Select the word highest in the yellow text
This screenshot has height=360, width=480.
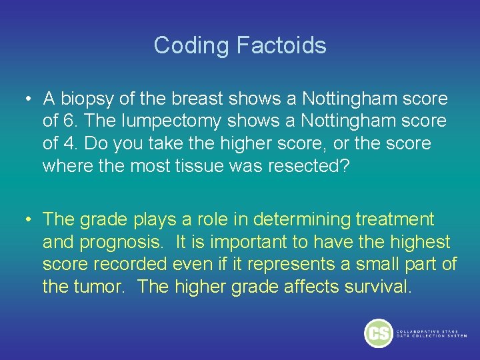[x=420, y=242]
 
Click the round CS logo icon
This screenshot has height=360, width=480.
[x=379, y=333]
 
